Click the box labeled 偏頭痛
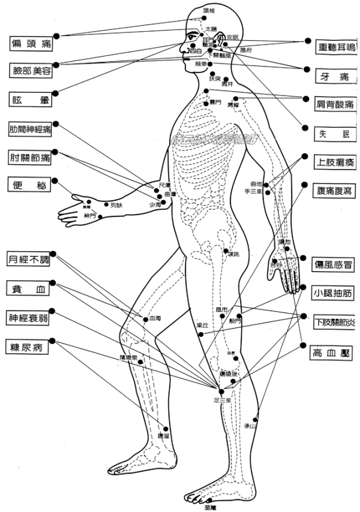[30, 43]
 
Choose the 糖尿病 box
[28, 347]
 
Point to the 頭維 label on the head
[208, 10]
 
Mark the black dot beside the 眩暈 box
[55, 94]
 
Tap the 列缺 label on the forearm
[116, 205]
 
